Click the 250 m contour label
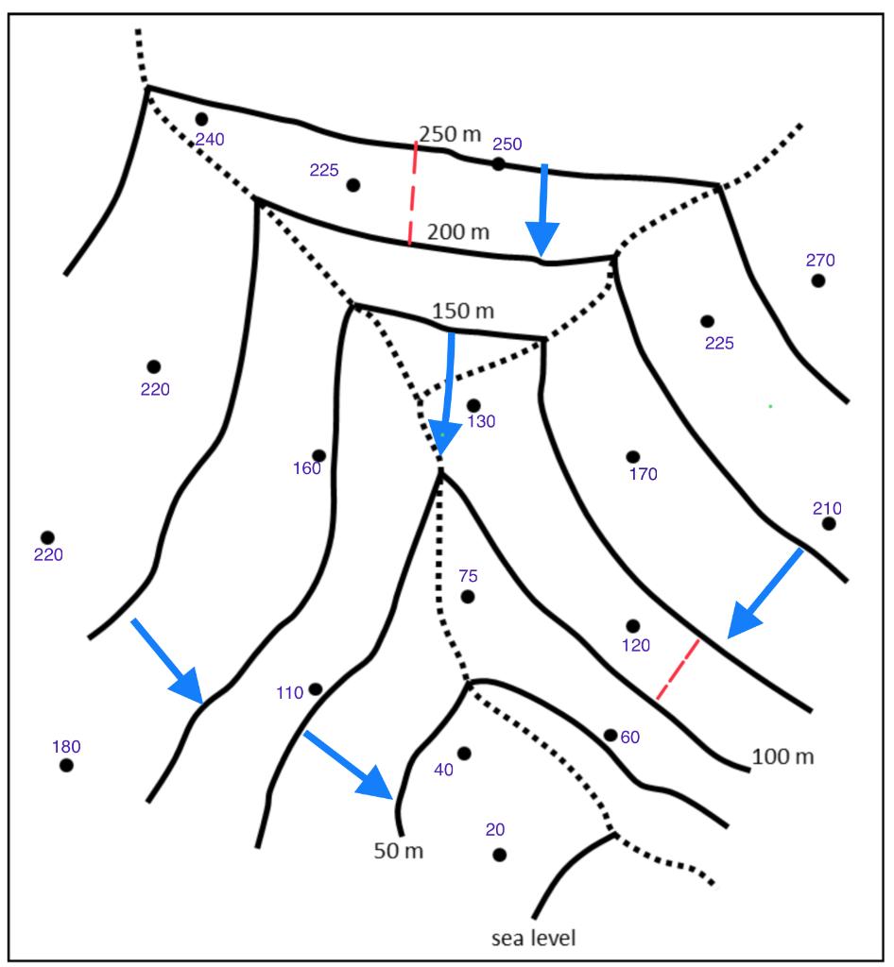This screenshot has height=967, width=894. [450, 134]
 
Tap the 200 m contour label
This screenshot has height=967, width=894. [458, 231]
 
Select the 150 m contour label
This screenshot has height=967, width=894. [464, 311]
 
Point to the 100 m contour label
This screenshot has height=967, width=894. [783, 756]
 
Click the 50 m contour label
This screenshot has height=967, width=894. [398, 851]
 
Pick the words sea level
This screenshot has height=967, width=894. [533, 939]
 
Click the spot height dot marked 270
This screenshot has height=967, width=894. [818, 280]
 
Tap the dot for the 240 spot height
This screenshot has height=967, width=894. [201, 119]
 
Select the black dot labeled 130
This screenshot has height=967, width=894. [473, 405]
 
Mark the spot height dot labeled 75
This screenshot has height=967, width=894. [468, 597]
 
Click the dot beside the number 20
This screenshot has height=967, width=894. [499, 855]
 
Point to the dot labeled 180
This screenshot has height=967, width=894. [66, 765]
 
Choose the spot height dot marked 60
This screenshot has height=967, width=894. [610, 735]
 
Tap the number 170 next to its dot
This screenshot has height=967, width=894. [643, 474]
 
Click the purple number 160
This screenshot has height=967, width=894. [307, 468]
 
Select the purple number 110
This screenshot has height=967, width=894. [289, 693]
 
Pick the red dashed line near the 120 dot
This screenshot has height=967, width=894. [678, 670]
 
